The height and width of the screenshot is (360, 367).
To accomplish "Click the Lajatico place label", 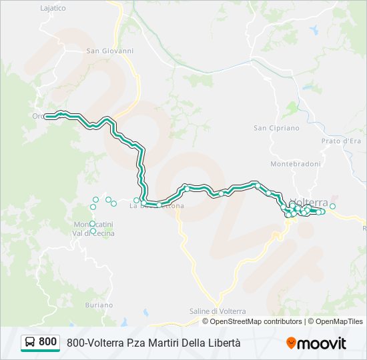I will pyautogui.click(x=53, y=9).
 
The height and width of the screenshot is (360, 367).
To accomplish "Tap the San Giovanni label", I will pyautogui.click(x=110, y=51).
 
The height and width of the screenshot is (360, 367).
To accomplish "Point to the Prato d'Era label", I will pyautogui.click(x=341, y=141).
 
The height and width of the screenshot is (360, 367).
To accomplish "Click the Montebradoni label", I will pyautogui.click(x=296, y=164).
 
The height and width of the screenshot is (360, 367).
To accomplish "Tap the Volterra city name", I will pyautogui.click(x=311, y=203).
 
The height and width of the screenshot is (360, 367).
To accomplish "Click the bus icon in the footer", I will pyautogui.click(x=30, y=343).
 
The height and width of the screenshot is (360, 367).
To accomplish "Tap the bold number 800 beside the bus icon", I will pyautogui.click(x=47, y=342).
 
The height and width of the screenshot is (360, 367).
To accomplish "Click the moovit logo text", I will pyautogui.click(x=322, y=343).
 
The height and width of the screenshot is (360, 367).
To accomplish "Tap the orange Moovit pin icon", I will pyautogui.click(x=291, y=343).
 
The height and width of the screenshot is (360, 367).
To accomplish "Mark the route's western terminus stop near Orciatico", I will pyautogui.click(x=47, y=116).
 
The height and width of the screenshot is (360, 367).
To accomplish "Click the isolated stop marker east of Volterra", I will pyautogui.click(x=332, y=207).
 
